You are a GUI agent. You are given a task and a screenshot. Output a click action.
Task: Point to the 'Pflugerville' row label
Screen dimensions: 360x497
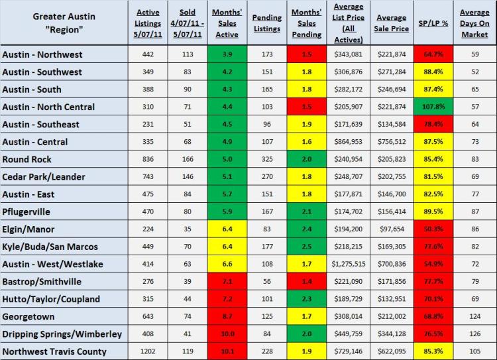[27, 211]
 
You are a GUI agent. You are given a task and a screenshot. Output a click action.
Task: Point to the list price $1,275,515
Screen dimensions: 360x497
[349, 264]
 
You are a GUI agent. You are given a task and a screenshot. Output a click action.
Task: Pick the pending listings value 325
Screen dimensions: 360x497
[267, 159]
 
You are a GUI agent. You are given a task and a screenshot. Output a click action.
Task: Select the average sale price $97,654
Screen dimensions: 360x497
[391, 229]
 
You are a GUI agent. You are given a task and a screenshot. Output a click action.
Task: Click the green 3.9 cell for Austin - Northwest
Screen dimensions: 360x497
[226, 54]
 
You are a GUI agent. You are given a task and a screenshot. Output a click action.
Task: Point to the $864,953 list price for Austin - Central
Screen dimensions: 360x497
[349, 141]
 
